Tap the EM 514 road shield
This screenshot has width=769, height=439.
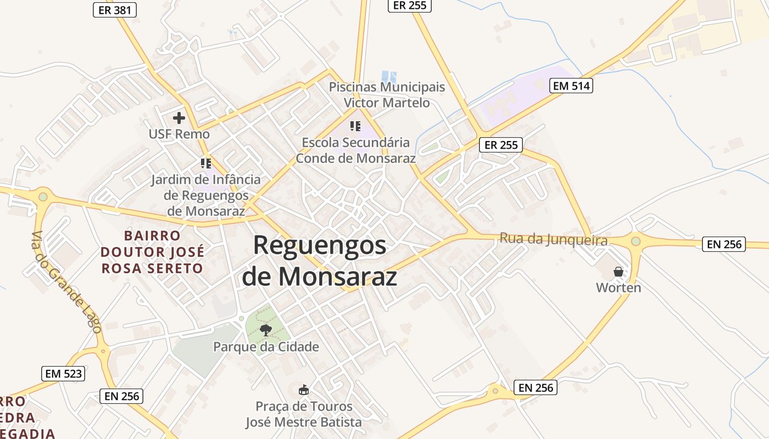click(571, 85)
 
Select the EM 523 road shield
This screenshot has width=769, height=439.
click(63, 374)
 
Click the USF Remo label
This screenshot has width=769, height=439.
click(179, 134)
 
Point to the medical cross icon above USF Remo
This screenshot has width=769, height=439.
click(179, 117)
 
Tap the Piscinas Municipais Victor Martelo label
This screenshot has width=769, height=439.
click(387, 94)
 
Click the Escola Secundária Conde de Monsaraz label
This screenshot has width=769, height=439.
click(356, 150)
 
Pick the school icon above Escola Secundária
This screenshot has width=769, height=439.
click(355, 126)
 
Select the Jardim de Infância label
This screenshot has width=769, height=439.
click(206, 195)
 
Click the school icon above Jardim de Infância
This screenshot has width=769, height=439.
click(206, 163)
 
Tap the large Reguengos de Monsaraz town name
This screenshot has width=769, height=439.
click(320, 261)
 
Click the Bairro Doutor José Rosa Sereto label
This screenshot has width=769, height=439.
click(152, 252)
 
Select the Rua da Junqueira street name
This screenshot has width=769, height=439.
click(554, 240)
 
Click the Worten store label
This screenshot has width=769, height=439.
click(618, 288)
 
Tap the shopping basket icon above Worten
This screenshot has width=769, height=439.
click(618, 271)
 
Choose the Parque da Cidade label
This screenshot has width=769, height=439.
click(266, 347)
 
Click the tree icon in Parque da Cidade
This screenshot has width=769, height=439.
click(266, 330)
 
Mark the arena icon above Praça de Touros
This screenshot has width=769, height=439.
click(303, 390)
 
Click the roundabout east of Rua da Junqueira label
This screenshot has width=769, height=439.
click(636, 241)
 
